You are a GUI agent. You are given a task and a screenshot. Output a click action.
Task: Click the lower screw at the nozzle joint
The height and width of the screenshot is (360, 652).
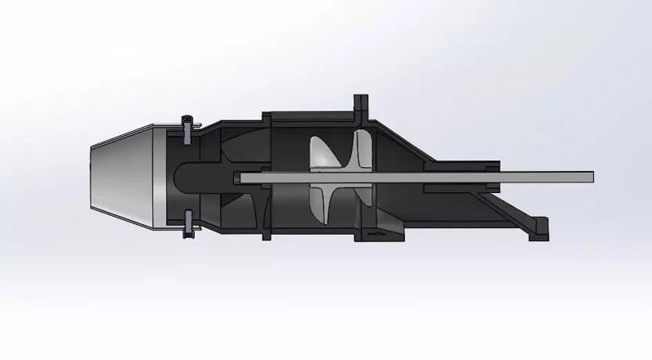tap(188, 226)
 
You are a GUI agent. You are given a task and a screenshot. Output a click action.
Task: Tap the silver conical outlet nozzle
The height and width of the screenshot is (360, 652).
tap(122, 175)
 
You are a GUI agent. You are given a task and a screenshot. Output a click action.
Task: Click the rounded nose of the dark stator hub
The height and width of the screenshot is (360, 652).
tap(183, 176)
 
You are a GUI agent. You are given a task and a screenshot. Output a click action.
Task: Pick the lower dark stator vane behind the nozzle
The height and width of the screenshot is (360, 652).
tap(236, 208)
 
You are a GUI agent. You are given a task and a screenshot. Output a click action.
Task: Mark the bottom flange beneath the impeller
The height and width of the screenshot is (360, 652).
tap(379, 235)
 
